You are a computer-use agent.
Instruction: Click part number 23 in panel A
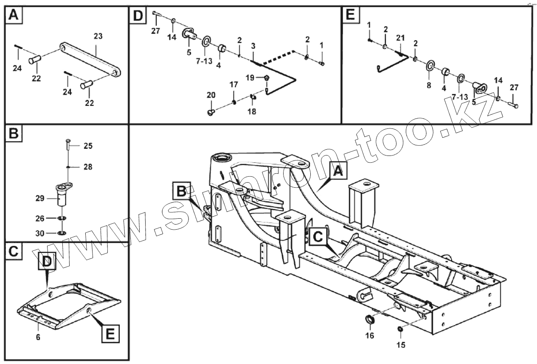tap(98, 36)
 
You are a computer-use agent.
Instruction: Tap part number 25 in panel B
tap(88, 146)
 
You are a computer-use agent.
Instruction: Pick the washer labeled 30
tap(62, 233)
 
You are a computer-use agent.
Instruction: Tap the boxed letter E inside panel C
tap(110, 333)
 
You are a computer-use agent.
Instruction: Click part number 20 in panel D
tap(211, 95)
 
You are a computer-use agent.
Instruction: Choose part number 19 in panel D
tap(250, 78)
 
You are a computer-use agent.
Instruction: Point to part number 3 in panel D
tap(253, 45)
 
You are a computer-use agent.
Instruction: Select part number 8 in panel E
tap(428, 85)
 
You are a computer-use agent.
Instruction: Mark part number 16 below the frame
tap(369, 336)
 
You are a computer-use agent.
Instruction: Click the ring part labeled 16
tap(370, 320)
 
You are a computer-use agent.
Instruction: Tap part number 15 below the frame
tap(401, 345)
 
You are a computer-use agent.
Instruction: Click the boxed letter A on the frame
tap(337, 171)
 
